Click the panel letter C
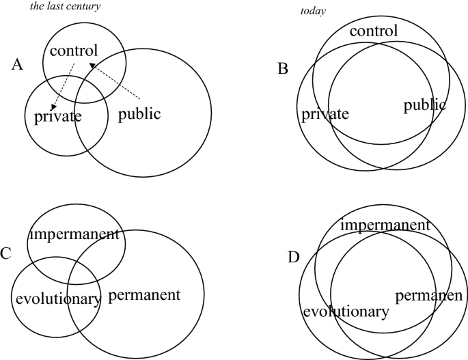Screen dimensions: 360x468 pyautogui.click(x=5, y=254)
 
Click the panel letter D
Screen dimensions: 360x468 pyautogui.click(x=294, y=258)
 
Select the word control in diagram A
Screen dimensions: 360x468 pyautogui.click(x=74, y=50)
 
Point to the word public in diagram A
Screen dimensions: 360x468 pyautogui.click(x=139, y=113)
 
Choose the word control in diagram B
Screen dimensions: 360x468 pyautogui.click(x=373, y=31)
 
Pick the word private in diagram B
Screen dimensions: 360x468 pyautogui.click(x=325, y=113)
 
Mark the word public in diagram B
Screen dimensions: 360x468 pyautogui.click(x=424, y=105)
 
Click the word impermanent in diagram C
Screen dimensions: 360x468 pyautogui.click(x=74, y=235)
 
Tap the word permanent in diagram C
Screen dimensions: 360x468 pyautogui.click(x=144, y=295)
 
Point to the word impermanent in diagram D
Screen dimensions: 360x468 pyautogui.click(x=385, y=225)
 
